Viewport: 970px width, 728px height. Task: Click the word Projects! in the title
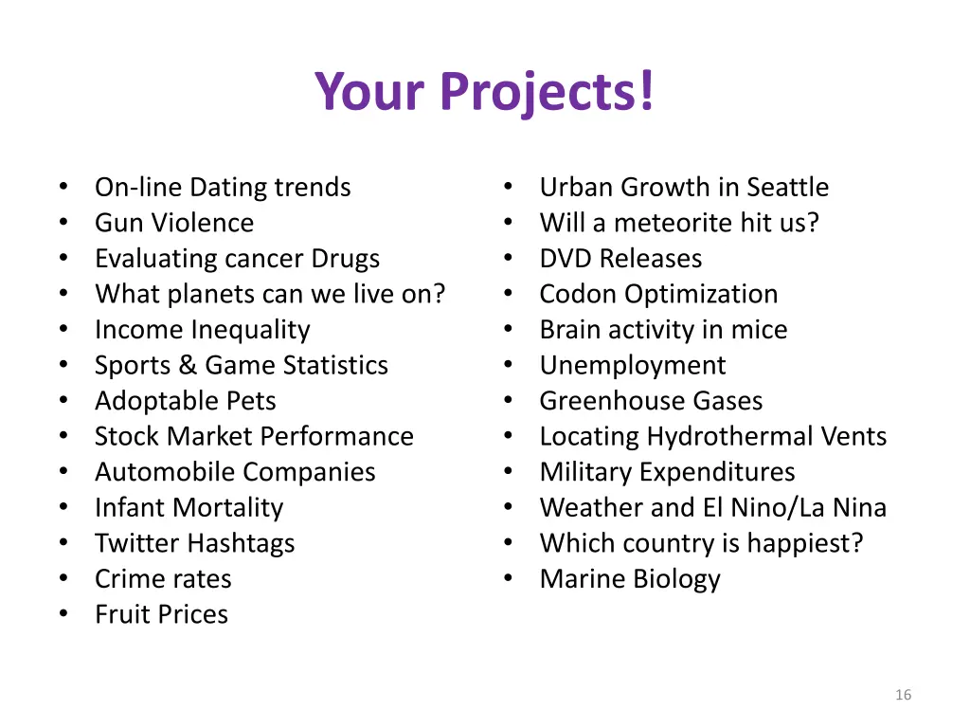[547, 92]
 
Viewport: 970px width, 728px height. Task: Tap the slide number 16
[903, 695]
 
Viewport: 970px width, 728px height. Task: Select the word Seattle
[787, 187]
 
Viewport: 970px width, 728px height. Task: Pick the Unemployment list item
[632, 366]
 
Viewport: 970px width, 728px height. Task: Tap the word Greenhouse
[612, 401]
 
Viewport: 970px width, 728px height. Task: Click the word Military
[585, 472]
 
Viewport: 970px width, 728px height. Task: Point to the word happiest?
[805, 543]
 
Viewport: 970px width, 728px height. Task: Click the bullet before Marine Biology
[509, 578]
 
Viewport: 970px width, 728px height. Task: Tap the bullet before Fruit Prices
[63, 613]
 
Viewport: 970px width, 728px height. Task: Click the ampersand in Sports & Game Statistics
[188, 365]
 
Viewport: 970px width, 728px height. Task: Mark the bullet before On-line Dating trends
[63, 187]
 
